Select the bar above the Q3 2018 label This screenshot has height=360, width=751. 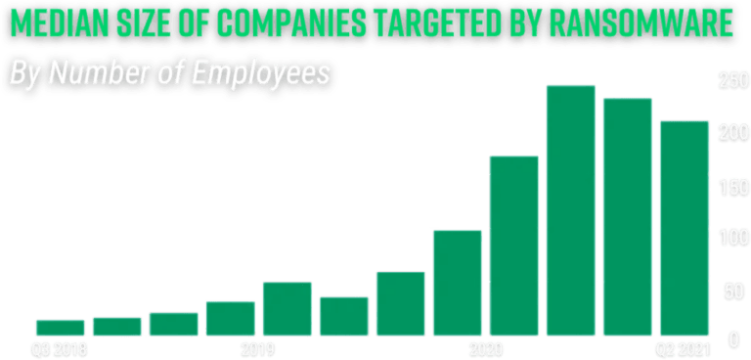pyautogui.click(x=60, y=328)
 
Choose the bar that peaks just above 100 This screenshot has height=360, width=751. pyautogui.click(x=458, y=283)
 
